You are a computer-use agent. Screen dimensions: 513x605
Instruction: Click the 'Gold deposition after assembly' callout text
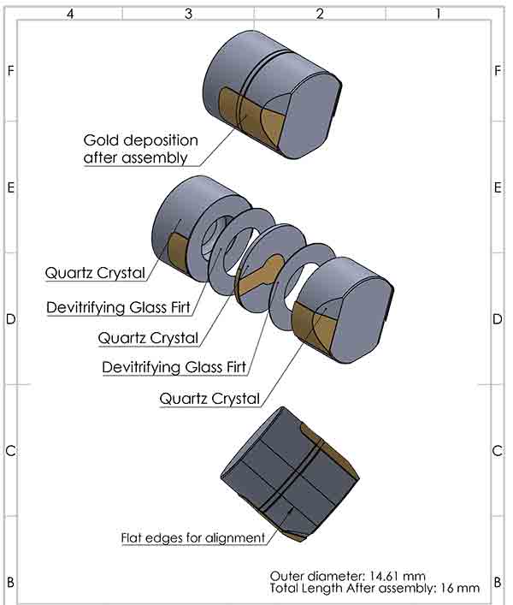click(141, 149)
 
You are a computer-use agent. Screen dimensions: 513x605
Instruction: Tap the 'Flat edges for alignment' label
click(193, 537)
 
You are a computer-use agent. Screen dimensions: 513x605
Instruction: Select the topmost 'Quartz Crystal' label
click(95, 273)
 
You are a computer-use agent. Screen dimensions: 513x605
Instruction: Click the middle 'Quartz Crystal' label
click(149, 338)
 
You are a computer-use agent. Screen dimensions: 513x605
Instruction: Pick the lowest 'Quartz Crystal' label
click(209, 399)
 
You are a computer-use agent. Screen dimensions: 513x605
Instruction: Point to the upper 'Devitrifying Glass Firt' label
click(118, 307)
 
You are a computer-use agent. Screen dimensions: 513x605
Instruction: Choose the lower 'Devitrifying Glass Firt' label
click(174, 367)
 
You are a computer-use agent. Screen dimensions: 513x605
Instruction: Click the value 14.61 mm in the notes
click(398, 576)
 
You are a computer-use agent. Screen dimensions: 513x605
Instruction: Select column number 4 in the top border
click(70, 14)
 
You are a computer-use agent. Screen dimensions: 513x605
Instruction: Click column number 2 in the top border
click(320, 14)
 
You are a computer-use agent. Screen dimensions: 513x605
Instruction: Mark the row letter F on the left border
click(10, 71)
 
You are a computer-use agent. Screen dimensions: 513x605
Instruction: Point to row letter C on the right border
click(498, 450)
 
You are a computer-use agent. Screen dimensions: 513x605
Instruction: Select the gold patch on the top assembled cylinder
click(251, 118)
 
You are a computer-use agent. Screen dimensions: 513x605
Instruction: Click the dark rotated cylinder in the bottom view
click(290, 474)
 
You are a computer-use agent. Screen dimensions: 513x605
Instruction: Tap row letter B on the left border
click(10, 582)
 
